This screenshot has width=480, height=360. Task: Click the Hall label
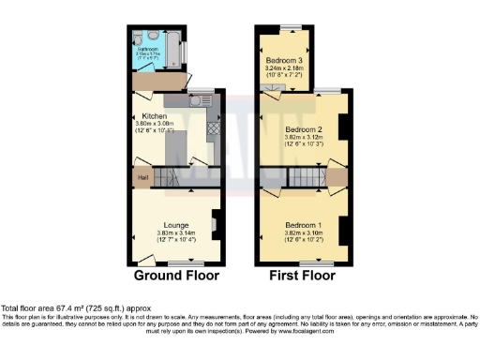pos(142,177)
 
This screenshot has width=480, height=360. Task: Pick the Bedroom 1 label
pos(304,226)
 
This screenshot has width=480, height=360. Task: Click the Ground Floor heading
pos(176,276)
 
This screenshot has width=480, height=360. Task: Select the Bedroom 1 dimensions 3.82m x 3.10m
pos(304,234)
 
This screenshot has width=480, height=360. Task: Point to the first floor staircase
pos(305,176)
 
